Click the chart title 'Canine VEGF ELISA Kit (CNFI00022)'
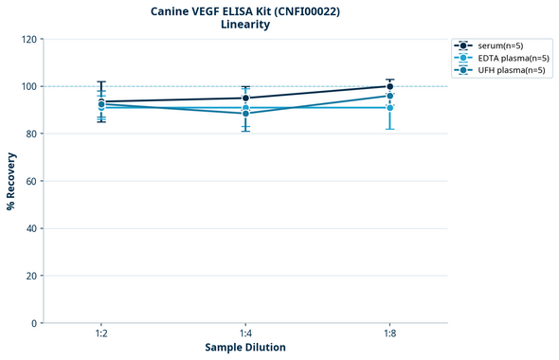coord(244,11)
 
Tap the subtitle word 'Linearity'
coord(244,26)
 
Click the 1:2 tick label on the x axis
coord(101,334)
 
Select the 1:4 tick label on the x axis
coord(245,334)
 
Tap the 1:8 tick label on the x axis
coord(389,334)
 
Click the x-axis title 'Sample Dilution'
coord(245,348)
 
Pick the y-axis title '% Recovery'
coord(11,181)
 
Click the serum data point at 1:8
coord(389,86)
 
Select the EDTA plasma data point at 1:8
coord(389,108)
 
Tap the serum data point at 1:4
coord(245,98)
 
